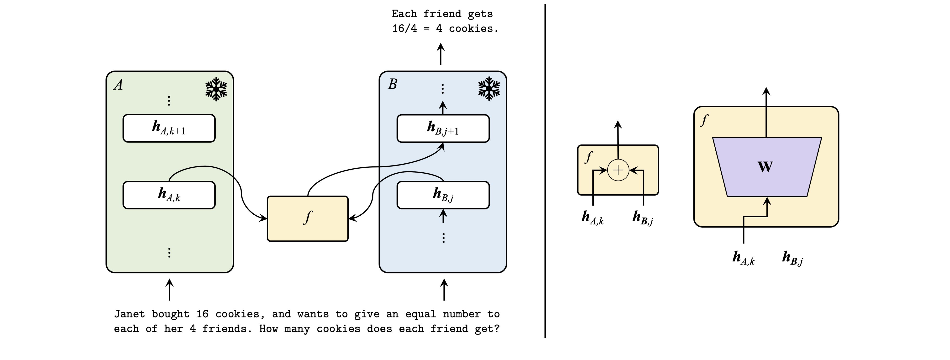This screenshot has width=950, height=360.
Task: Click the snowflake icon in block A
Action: pyautogui.click(x=216, y=89)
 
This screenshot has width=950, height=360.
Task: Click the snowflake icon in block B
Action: pyautogui.click(x=489, y=89)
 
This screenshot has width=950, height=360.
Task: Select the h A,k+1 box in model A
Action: pyautogui.click(x=169, y=128)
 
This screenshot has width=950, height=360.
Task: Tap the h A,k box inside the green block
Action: pyautogui.click(x=169, y=195)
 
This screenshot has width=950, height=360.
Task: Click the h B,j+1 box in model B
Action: pyautogui.click(x=443, y=128)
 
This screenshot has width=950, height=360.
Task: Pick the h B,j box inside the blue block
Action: pyautogui.click(x=443, y=195)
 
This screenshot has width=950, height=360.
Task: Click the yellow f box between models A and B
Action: pyautogui.click(x=308, y=219)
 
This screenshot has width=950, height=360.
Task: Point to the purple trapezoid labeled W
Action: pyautogui.click(x=767, y=167)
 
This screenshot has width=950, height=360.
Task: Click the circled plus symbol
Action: pyautogui.click(x=618, y=170)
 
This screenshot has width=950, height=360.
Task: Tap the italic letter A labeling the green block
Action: pyautogui.click(x=118, y=85)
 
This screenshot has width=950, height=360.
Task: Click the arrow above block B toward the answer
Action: pyautogui.click(x=440, y=54)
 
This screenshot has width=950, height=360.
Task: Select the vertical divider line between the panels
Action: pyautogui.click(x=545, y=170)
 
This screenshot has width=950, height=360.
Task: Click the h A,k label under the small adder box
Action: pyautogui.click(x=592, y=218)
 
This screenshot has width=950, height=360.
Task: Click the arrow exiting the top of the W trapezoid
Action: pyautogui.click(x=766, y=111)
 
